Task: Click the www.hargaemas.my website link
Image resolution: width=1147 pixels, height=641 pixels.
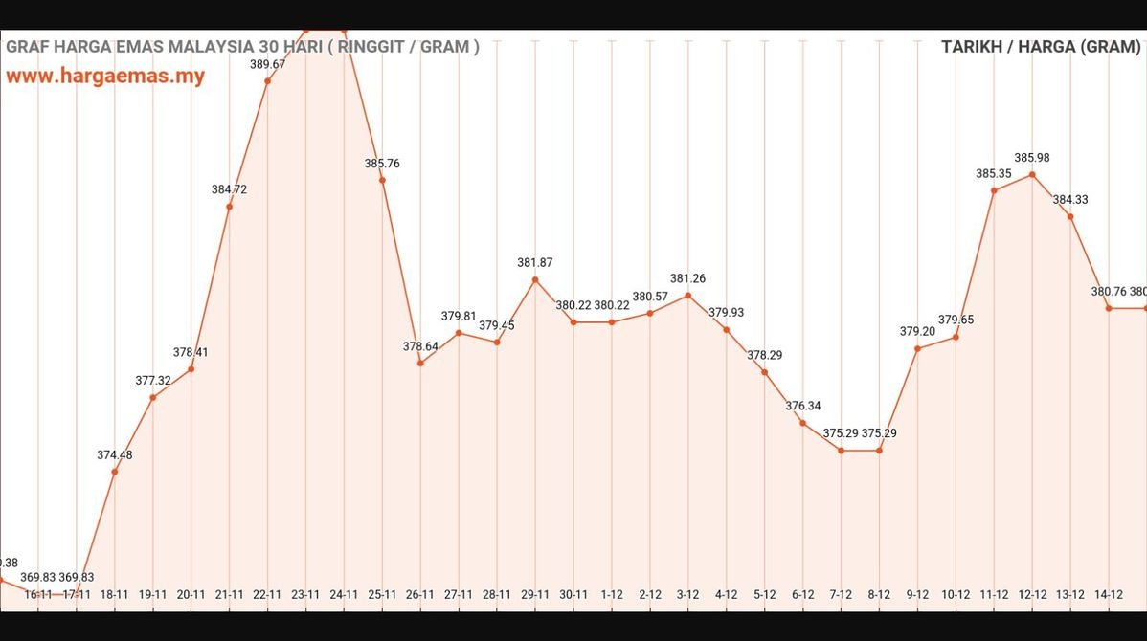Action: (105, 77)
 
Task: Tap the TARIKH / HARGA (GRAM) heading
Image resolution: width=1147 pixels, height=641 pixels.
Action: (1040, 46)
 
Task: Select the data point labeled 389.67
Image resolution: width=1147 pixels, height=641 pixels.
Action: (267, 80)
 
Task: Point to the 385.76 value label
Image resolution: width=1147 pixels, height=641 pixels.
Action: (382, 164)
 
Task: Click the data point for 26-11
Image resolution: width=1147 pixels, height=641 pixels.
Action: (420, 363)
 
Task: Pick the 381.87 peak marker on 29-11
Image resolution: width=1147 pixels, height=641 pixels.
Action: (535, 279)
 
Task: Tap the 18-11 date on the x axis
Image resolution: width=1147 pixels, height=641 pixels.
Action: (114, 594)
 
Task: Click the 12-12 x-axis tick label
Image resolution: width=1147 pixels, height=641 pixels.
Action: (1032, 594)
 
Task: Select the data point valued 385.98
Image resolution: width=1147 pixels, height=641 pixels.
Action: (1032, 175)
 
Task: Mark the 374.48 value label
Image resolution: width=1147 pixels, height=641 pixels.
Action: (115, 454)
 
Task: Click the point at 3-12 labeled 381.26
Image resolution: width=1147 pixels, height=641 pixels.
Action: (687, 296)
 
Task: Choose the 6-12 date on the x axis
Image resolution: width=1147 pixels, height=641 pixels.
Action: (802, 594)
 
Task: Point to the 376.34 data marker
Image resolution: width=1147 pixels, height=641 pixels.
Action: (802, 423)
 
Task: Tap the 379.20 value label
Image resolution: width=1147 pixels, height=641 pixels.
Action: (917, 331)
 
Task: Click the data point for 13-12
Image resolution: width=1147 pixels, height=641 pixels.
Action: (1070, 217)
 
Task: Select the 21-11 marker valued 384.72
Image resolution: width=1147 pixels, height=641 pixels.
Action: (229, 207)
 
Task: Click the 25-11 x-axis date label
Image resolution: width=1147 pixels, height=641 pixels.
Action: (382, 594)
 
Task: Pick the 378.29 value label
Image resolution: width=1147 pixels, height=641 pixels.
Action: (765, 355)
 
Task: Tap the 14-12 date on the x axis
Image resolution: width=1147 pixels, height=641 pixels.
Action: (1109, 594)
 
